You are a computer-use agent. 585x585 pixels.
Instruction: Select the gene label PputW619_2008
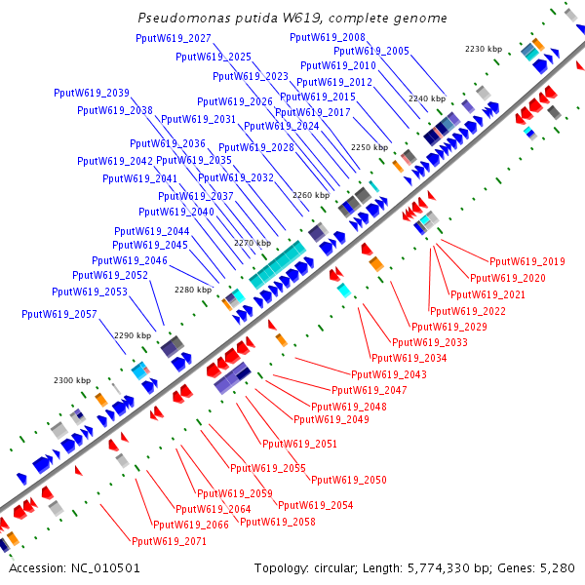[328, 37]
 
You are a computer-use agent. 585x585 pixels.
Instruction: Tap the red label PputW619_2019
[527, 261]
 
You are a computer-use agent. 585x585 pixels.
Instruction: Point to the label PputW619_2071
[169, 541]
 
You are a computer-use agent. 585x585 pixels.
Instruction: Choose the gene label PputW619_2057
[59, 314]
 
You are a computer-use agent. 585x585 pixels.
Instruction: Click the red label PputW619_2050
[349, 480]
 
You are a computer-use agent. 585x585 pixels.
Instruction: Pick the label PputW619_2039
[92, 94]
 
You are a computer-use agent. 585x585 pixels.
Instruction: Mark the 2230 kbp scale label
[483, 48]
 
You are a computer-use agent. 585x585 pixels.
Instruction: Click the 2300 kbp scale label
[71, 379]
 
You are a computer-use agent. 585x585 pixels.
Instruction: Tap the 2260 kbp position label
[311, 195]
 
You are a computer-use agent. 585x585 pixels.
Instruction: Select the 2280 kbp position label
[192, 290]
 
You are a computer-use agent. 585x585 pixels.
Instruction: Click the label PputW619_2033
[429, 342]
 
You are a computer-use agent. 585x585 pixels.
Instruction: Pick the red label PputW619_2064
[213, 509]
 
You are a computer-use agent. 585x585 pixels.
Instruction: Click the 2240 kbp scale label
[426, 98]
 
